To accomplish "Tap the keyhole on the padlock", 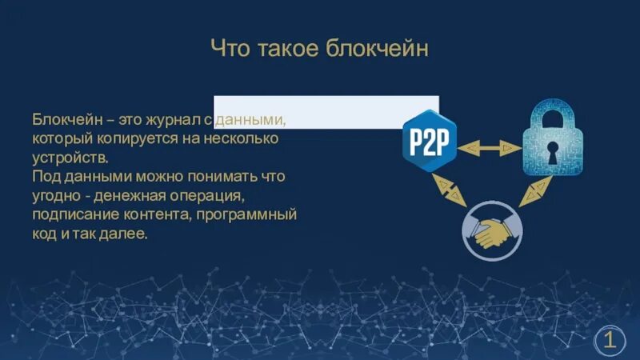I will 552,151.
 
